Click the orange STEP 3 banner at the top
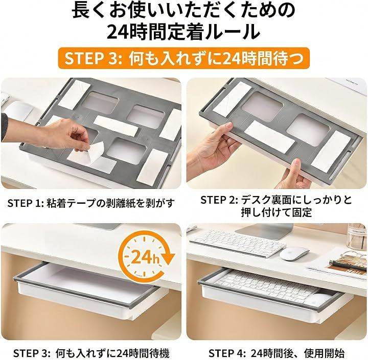184,58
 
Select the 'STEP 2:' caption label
219,200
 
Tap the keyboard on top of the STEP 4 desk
238,242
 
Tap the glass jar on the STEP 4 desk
357,236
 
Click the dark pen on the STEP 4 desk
347,265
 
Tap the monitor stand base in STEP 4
264,231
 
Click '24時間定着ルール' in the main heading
184,32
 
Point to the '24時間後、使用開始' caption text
298,353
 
